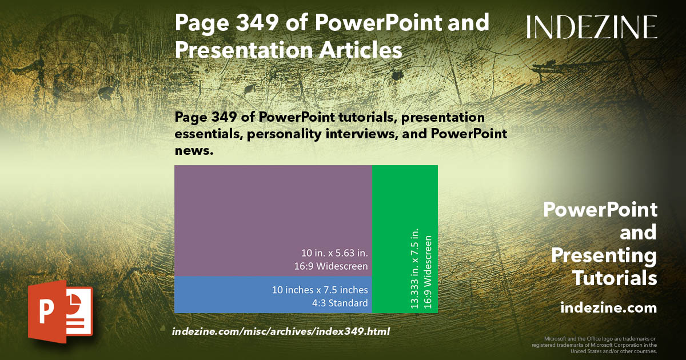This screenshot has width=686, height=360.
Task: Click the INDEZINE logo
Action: pyautogui.click(x=592, y=27)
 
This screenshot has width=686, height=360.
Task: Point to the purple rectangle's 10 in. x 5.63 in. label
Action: pyautogui.click(x=334, y=252)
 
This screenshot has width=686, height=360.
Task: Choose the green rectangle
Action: pyautogui.click(x=405, y=200)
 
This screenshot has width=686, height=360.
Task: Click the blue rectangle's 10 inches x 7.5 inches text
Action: pyautogui.click(x=320, y=290)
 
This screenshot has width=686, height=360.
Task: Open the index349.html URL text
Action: pyautogui.click(x=281, y=331)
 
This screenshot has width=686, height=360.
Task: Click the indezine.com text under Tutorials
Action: pyautogui.click(x=608, y=308)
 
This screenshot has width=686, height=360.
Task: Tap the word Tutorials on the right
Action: pyautogui.click(x=615, y=278)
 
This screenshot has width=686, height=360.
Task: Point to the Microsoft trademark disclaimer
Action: pyautogui.click(x=594, y=345)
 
